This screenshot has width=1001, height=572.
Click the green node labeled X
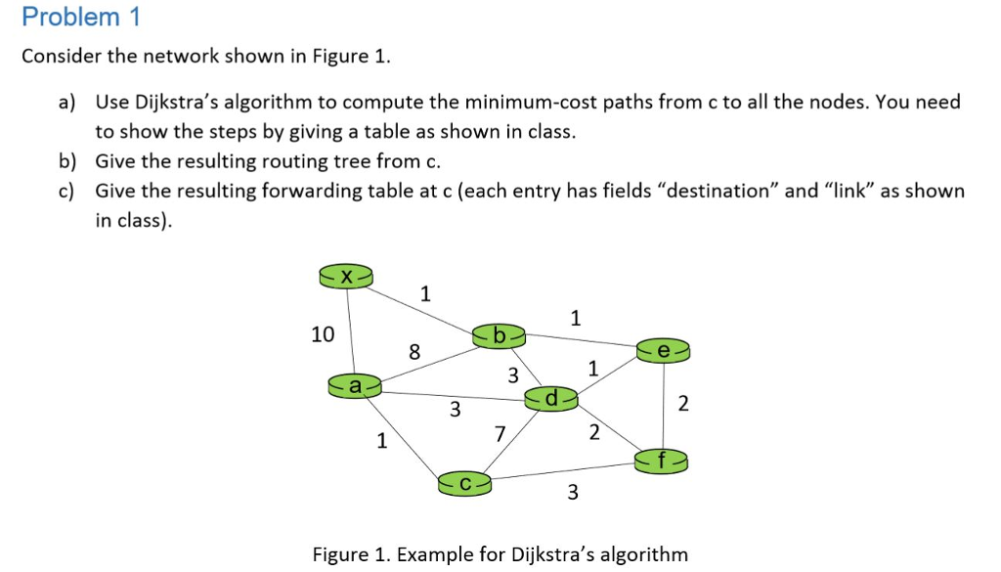[345, 277]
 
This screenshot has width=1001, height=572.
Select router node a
[354, 386]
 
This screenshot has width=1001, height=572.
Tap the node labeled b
[500, 335]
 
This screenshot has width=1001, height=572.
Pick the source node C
[464, 481]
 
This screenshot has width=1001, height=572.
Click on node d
[551, 398]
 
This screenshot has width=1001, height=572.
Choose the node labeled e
[664, 349]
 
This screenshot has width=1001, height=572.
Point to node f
[664, 458]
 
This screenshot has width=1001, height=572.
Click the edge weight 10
[323, 334]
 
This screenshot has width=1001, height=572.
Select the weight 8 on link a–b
[414, 351]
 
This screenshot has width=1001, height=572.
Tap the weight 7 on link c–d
[500, 433]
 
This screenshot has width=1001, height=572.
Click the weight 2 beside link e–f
[682, 403]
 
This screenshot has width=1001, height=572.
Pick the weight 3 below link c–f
[573, 493]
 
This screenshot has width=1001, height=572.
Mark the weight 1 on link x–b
[424, 292]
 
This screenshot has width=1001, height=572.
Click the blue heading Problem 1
[81, 17]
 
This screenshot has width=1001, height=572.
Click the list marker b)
[68, 161]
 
